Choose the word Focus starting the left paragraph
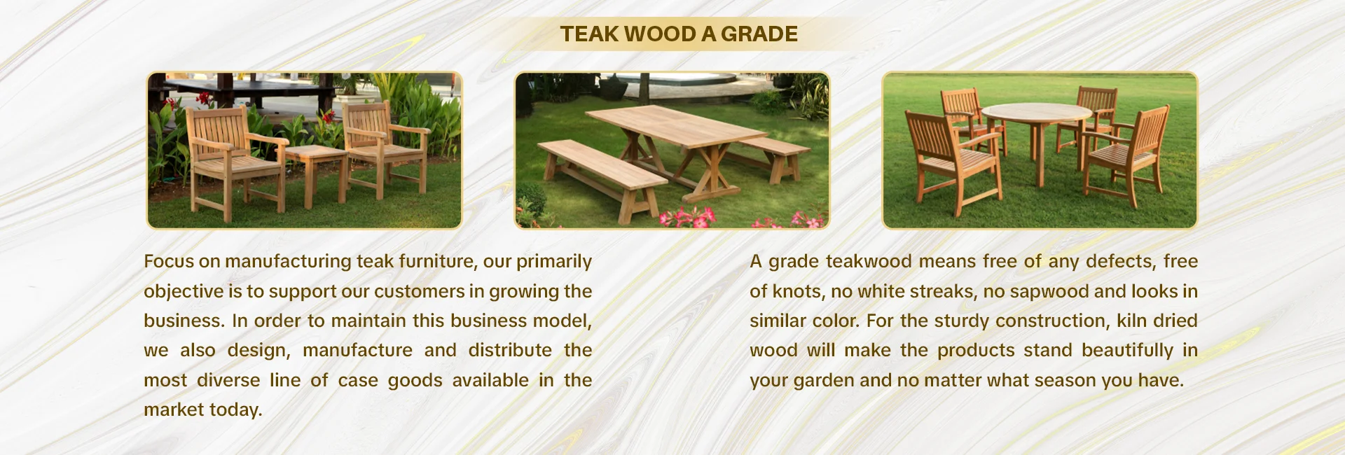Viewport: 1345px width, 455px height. pos(169,261)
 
